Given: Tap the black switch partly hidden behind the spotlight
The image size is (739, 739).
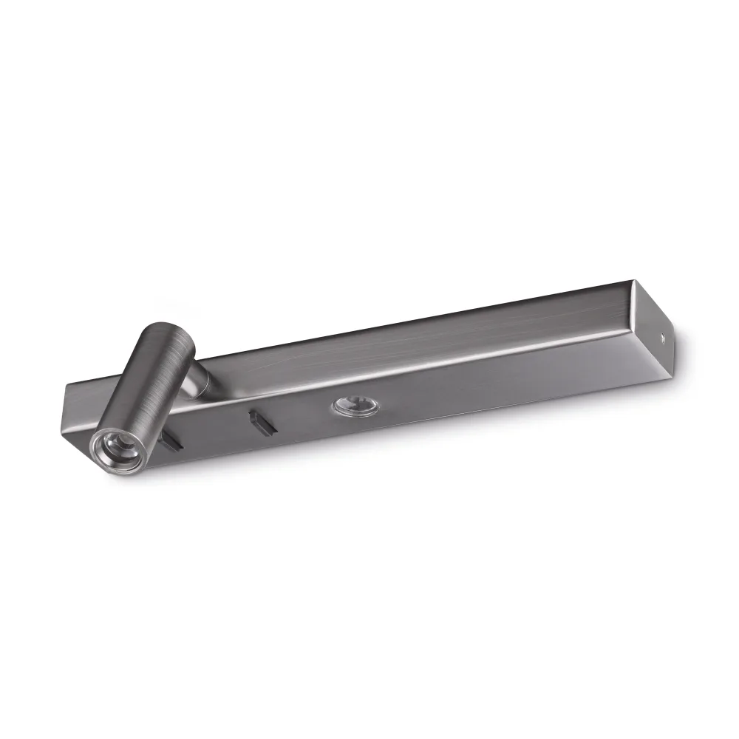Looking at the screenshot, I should (173, 442).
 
